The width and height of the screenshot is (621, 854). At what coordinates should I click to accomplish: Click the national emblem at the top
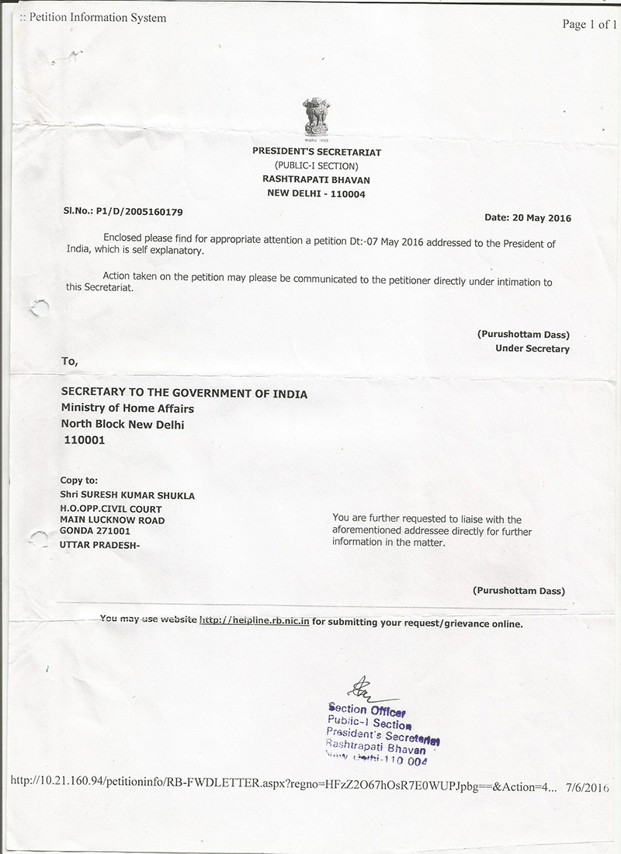(x=316, y=117)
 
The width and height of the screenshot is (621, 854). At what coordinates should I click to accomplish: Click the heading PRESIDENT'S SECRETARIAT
(x=317, y=152)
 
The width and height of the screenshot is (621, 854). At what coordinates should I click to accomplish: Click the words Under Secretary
(x=532, y=349)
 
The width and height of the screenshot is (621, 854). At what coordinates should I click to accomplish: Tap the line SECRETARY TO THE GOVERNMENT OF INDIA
(x=184, y=394)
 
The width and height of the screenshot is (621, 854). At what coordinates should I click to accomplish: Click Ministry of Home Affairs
(x=127, y=408)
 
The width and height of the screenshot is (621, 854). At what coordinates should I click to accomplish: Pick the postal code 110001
(x=85, y=440)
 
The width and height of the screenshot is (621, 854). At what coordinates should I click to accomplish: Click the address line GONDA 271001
(x=95, y=531)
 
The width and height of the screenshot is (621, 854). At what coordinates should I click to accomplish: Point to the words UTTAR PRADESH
(x=100, y=545)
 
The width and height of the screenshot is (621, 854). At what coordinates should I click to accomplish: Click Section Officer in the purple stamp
(x=367, y=710)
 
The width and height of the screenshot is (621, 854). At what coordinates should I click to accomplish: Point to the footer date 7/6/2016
(x=587, y=787)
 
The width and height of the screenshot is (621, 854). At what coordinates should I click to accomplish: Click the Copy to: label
(x=79, y=481)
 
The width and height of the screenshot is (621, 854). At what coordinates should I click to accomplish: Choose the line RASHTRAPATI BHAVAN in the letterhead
(x=316, y=179)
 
